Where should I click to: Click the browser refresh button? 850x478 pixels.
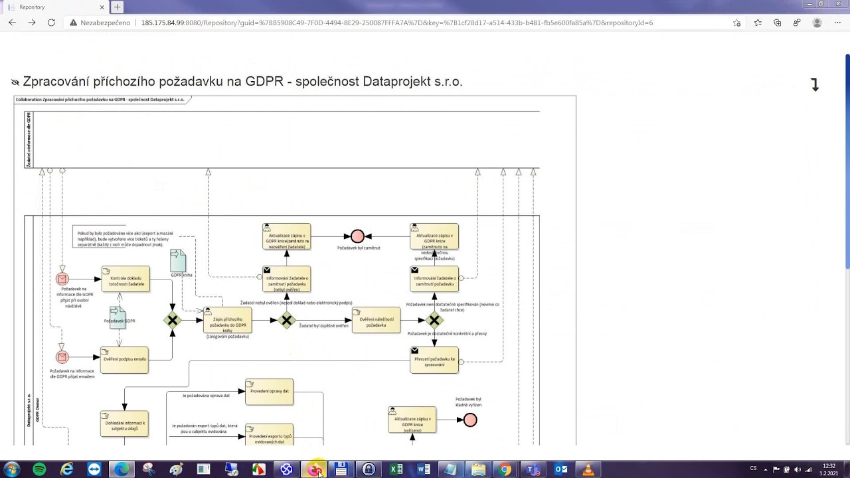tap(51, 23)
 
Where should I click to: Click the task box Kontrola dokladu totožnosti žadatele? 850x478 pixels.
tap(126, 279)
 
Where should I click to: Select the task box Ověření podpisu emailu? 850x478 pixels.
tap(124, 359)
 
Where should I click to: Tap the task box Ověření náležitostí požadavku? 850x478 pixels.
tap(376, 321)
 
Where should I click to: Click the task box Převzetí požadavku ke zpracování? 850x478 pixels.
tap(434, 360)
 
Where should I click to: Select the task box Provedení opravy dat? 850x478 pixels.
tap(269, 392)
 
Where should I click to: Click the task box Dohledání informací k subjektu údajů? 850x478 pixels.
tap(124, 424)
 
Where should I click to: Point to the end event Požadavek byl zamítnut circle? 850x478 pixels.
tap(357, 236)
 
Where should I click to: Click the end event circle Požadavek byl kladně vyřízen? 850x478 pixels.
tap(470, 420)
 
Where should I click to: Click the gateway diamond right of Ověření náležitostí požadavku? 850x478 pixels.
tap(434, 321)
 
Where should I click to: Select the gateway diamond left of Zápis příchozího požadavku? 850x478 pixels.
tap(173, 321)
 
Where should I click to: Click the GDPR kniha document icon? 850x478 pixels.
tap(178, 260)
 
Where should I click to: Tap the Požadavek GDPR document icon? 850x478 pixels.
tap(118, 317)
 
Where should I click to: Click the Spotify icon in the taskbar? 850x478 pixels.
tap(39, 469)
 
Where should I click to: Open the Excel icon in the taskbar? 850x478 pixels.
tap(396, 469)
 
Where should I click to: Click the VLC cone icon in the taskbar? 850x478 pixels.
tap(588, 469)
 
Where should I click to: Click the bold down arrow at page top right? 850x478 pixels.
tap(815, 85)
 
